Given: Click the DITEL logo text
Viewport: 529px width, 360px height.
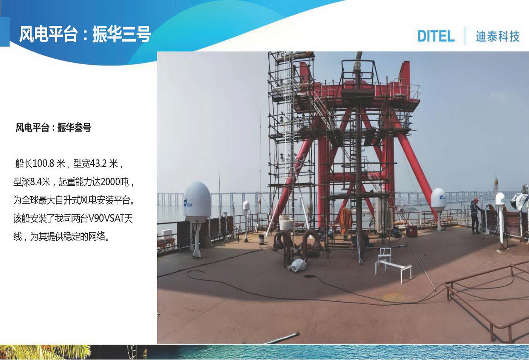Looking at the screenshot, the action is [x=436, y=36].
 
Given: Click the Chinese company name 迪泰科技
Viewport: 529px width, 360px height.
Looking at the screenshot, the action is [x=498, y=36].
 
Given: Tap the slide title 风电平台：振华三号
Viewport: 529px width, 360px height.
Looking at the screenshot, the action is [x=85, y=34].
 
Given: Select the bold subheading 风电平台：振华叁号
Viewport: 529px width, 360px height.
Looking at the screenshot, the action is [x=53, y=127].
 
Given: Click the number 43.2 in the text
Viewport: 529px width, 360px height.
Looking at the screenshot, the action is [x=98, y=163].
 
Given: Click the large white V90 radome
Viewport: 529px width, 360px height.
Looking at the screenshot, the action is [x=197, y=202].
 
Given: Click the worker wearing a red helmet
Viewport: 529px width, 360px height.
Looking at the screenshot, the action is [x=475, y=216].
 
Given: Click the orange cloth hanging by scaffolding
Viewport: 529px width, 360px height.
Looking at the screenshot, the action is [x=345, y=221].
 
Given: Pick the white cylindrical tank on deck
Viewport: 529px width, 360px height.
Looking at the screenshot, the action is [x=286, y=222].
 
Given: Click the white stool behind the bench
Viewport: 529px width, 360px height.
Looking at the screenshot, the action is [x=385, y=254].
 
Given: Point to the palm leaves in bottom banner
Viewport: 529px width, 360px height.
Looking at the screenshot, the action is [x=45, y=352].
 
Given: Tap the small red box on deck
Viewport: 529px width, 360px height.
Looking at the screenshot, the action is [x=411, y=231].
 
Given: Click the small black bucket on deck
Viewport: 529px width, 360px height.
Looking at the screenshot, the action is [x=261, y=239].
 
